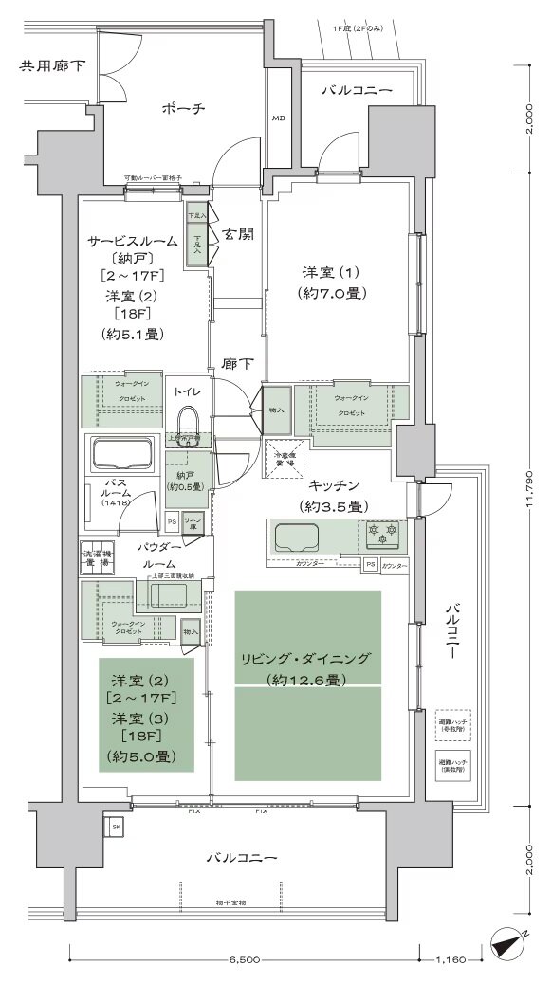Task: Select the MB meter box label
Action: pyautogui.click(x=279, y=118)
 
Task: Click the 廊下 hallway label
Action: pyautogui.click(x=236, y=363)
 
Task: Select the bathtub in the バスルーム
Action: pyautogui.click(x=120, y=454)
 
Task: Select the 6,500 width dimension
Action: pyautogui.click(x=244, y=959)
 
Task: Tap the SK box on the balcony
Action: pyautogui.click(x=116, y=826)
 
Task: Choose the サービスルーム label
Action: pyautogui.click(x=133, y=241)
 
